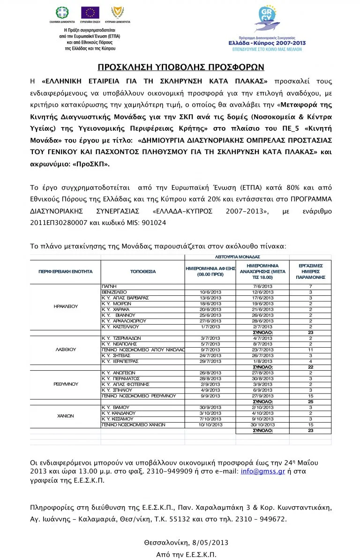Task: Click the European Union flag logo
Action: tap(90, 13)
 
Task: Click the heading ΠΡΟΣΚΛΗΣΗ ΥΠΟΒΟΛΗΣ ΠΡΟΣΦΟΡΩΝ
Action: tap(181, 67)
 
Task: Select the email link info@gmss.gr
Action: tap(262, 471)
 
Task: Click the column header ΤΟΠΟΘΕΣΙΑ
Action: tap(143, 271)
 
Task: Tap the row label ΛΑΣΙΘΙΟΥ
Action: tap(66, 350)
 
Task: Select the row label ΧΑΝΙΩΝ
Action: tap(66, 416)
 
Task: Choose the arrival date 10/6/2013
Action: tap(210, 291)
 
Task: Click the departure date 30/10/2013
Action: tap(263, 425)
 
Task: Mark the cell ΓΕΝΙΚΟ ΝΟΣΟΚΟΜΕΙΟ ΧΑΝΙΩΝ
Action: tap(134, 425)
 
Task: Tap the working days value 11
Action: tap(310, 350)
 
